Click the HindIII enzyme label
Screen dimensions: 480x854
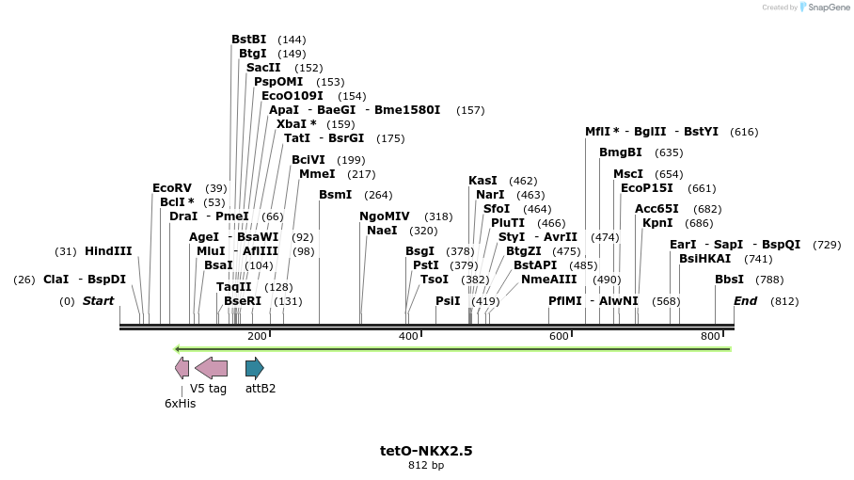[x=108, y=251]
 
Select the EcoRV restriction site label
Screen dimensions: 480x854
[x=171, y=188]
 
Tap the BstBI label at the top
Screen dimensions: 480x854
[x=248, y=40]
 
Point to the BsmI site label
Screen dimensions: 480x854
[x=335, y=195]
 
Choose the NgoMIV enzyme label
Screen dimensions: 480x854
[x=385, y=216]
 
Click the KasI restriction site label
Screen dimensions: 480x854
[x=482, y=181]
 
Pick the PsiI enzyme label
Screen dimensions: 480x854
[x=448, y=301]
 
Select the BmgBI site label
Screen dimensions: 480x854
[x=620, y=152]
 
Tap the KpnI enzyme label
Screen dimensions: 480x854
[x=657, y=223]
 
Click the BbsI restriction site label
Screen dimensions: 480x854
[x=729, y=280]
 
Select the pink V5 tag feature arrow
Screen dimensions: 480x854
[x=211, y=368]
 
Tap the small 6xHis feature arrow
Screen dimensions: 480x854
[x=182, y=368]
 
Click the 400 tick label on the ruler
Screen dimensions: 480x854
[x=408, y=337]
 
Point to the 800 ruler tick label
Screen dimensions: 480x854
[x=710, y=337]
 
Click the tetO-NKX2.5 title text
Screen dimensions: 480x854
[x=426, y=451]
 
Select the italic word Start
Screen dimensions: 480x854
[x=98, y=301]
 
